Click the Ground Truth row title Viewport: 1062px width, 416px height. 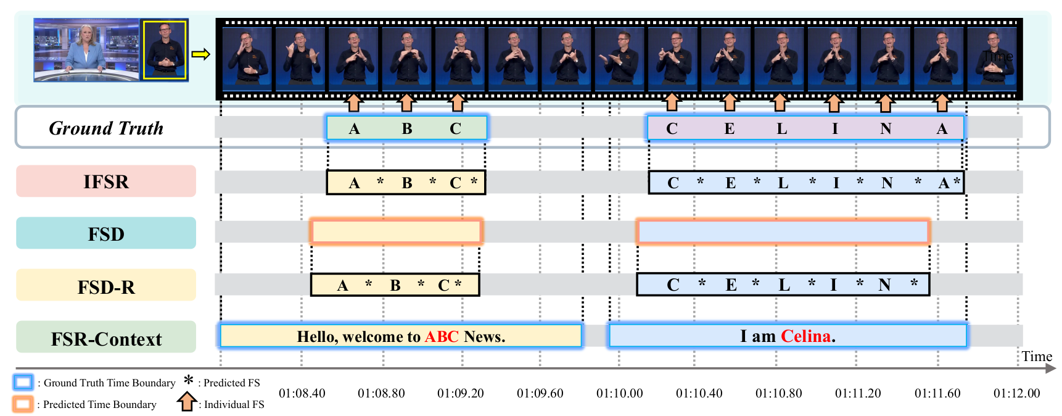106,128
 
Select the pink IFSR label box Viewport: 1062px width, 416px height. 106,181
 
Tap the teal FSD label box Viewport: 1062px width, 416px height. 106,233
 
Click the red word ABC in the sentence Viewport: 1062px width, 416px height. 442,336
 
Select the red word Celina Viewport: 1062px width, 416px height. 806,336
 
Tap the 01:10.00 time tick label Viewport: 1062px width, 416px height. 619,393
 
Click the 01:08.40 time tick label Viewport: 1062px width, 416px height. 302,393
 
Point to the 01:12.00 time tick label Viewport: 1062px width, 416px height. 1016,393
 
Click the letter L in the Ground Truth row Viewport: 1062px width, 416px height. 781,129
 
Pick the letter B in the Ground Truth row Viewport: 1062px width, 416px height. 407,129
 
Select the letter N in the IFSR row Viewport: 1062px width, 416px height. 887,183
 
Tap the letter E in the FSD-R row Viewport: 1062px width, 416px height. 731,285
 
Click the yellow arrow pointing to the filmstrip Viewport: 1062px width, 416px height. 200,54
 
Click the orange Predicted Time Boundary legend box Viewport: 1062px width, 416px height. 23,404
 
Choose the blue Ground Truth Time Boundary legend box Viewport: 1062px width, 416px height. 23,383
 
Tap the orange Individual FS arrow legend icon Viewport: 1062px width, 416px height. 187,402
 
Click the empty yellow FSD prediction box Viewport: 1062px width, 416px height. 396,232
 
